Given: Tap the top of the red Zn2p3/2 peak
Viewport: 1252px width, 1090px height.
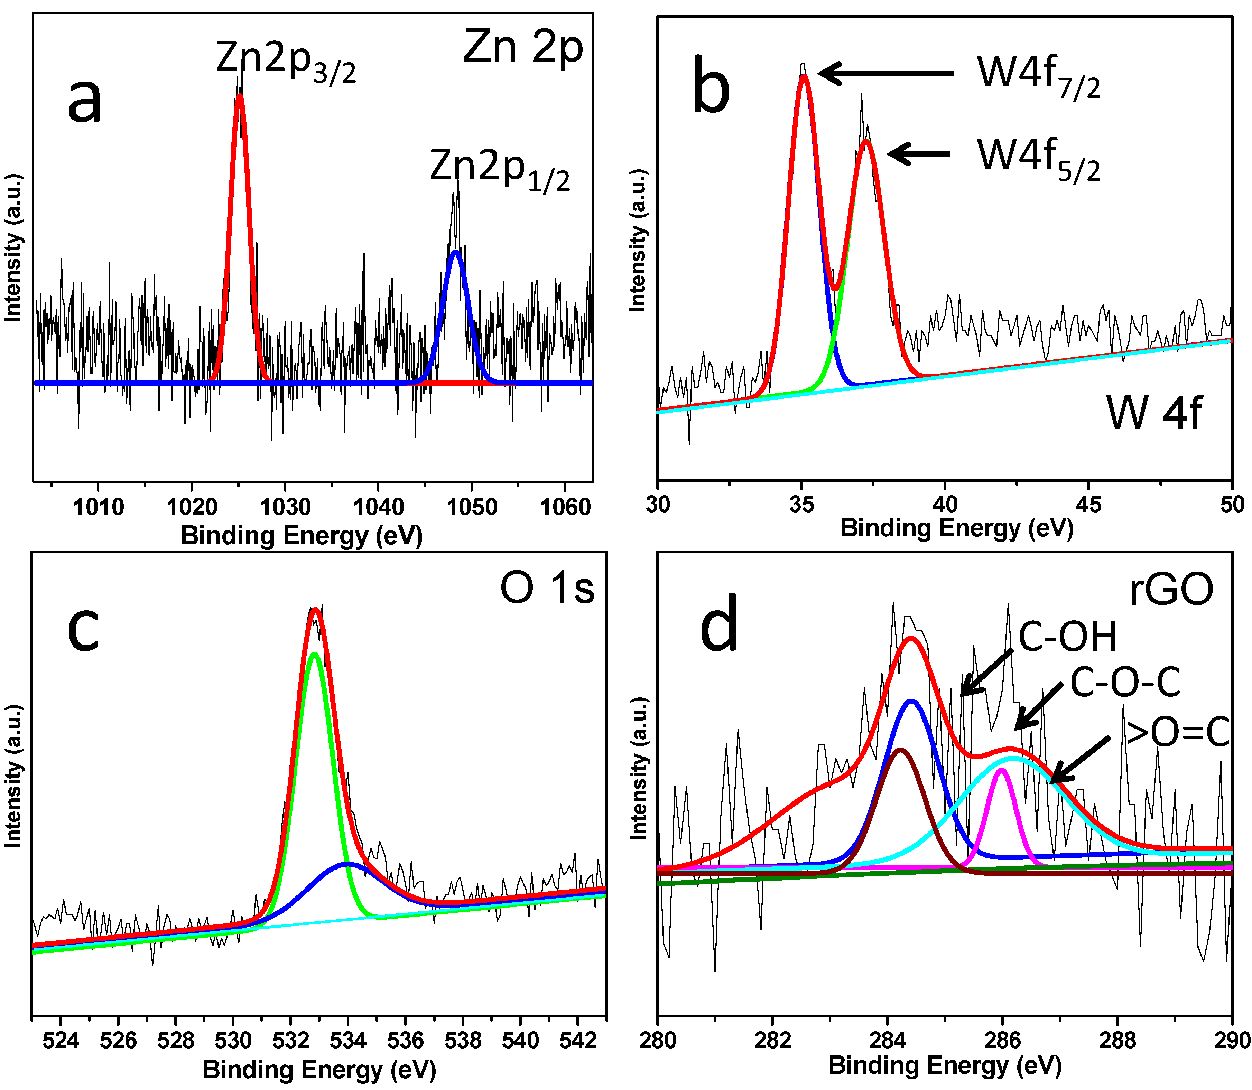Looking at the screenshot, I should coord(240,95).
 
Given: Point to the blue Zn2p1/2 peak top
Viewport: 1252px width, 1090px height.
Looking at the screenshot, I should coord(455,252).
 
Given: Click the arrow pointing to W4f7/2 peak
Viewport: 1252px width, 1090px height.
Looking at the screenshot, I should coord(885,73).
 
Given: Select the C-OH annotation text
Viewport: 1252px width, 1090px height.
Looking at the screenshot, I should coord(1068,638).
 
